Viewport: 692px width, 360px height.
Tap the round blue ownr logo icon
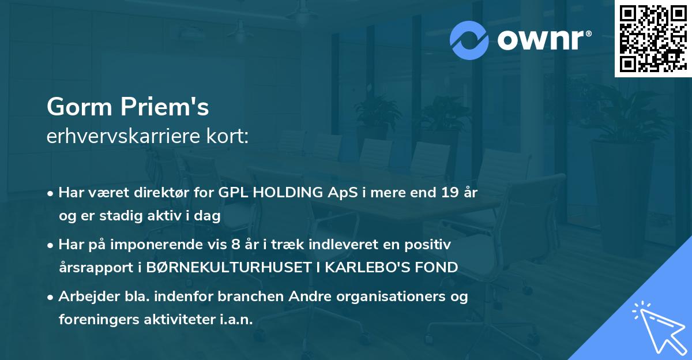click(469, 40)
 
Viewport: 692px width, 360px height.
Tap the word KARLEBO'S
click(386, 267)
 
